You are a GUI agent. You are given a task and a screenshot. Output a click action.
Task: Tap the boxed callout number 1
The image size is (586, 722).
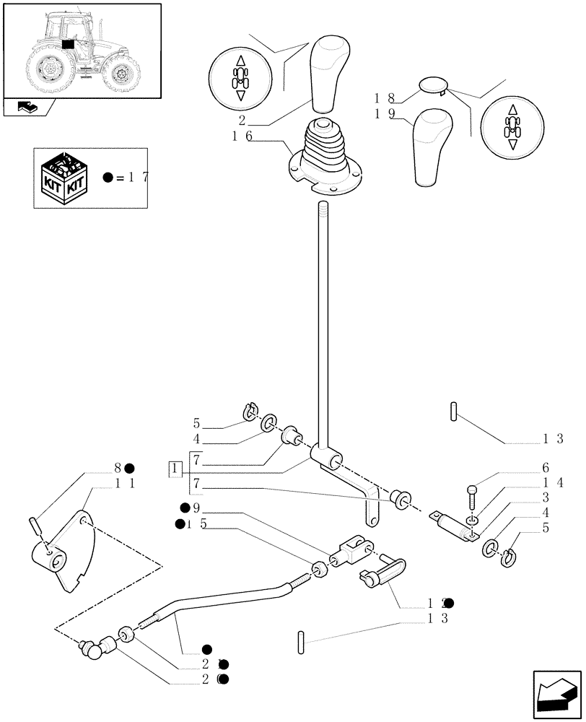click(175, 469)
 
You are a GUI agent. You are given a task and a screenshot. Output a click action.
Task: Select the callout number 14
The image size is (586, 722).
click(556, 483)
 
